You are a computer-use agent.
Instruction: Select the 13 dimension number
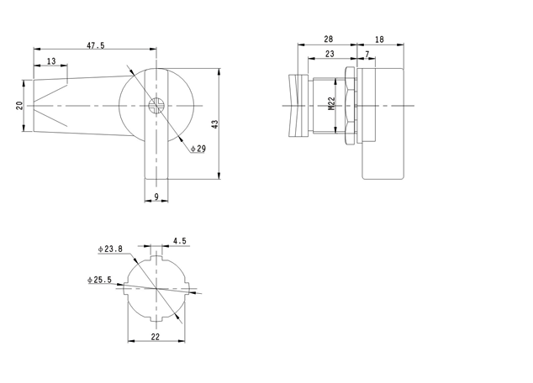pos(52,61)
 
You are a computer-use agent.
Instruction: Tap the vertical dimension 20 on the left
pos(18,106)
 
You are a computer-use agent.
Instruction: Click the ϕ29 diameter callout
pos(198,149)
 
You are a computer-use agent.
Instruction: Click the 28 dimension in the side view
pos(327,39)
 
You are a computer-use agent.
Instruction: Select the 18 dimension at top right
pos(379,39)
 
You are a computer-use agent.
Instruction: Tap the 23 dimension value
pos(329,54)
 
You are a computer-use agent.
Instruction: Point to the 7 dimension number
pos(367,54)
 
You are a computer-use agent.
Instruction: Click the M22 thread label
pos(331,104)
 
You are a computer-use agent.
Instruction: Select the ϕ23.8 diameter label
pos(110,249)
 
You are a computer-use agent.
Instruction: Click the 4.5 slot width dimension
pos(178,241)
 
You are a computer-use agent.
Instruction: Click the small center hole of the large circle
pos(156,105)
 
